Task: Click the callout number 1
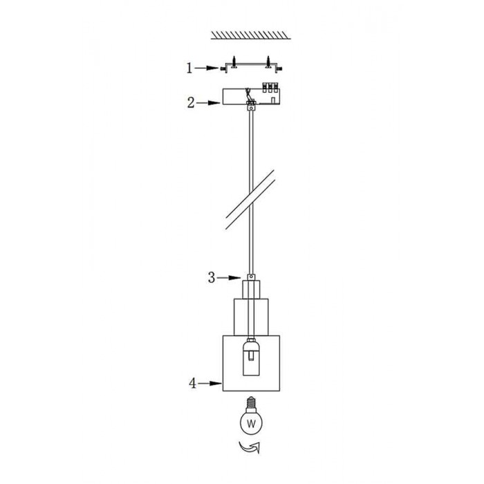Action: pos(189,68)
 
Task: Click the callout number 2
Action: pos(191,103)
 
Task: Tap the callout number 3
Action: pos(212,277)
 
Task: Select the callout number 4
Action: pos(193,383)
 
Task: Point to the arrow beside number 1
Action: pos(207,68)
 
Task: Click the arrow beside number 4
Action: pos(210,383)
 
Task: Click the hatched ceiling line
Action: pos(250,35)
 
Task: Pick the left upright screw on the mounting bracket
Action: pos(234,62)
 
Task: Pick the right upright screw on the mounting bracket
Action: pos(268,62)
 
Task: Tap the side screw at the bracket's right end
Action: pos(279,69)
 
